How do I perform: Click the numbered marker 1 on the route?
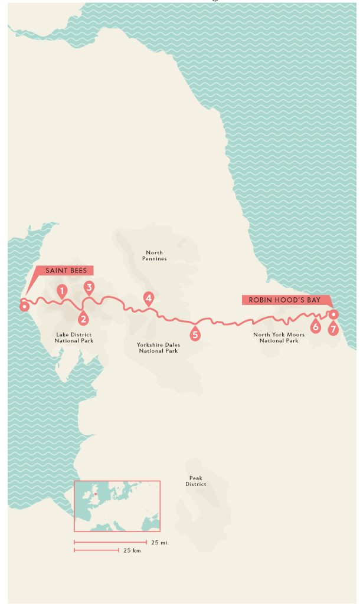[x=61, y=290]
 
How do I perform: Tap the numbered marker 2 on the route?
[x=84, y=319]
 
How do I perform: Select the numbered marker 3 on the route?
[x=89, y=288]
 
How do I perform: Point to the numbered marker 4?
[x=149, y=298]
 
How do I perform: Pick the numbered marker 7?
[x=333, y=329]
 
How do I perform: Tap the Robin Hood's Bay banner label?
[x=284, y=300]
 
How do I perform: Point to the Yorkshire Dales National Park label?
[x=158, y=348]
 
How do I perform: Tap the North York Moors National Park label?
[x=276, y=337]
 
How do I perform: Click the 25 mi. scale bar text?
[x=159, y=542]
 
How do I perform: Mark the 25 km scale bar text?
[x=132, y=550]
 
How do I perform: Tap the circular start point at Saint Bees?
[x=24, y=306]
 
